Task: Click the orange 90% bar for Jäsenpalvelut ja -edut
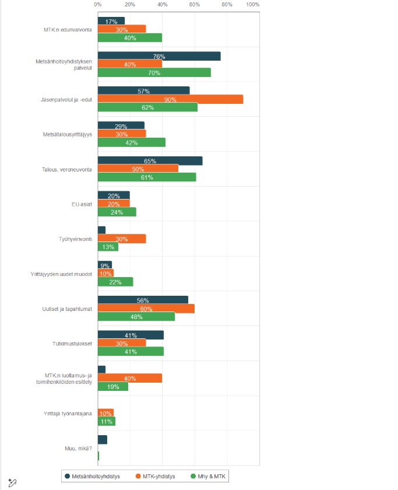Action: click(170, 99)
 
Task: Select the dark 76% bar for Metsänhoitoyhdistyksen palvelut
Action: click(159, 56)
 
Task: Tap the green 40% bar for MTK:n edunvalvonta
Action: click(129, 38)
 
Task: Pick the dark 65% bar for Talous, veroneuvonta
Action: click(150, 160)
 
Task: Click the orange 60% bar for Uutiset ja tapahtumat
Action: click(146, 309)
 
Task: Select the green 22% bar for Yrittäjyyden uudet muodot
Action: click(115, 282)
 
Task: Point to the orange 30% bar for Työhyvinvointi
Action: click(121, 239)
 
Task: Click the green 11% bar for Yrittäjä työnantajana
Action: click(106, 421)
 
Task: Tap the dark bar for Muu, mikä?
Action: click(102, 439)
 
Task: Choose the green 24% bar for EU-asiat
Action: click(117, 212)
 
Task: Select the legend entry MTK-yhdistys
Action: click(155, 477)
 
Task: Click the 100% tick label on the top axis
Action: click(253, 5)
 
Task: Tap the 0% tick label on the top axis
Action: click(97, 5)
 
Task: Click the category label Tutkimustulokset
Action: click(72, 343)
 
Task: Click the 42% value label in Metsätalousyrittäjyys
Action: click(131, 143)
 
